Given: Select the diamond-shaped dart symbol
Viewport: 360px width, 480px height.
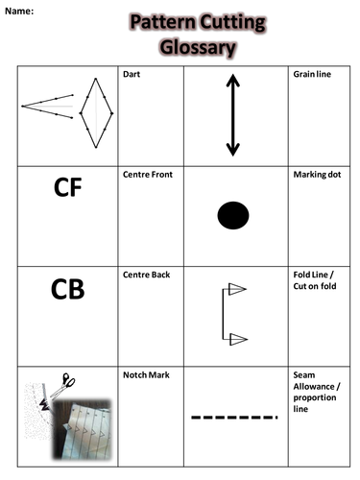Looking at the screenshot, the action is pos(96,112).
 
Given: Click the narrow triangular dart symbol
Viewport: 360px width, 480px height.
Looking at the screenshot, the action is pos(48,105).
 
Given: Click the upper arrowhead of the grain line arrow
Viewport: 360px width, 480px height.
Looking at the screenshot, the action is pos(232,82).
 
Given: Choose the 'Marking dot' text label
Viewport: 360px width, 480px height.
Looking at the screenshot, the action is pos(316,176).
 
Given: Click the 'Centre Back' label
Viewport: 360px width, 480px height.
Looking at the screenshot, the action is pos(147,276).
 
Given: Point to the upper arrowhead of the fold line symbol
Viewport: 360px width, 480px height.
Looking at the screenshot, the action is pos(237,289).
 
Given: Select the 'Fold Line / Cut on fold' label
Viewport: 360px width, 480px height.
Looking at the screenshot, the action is pos(313,281).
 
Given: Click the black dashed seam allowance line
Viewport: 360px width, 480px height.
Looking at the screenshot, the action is pos(235,418).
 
